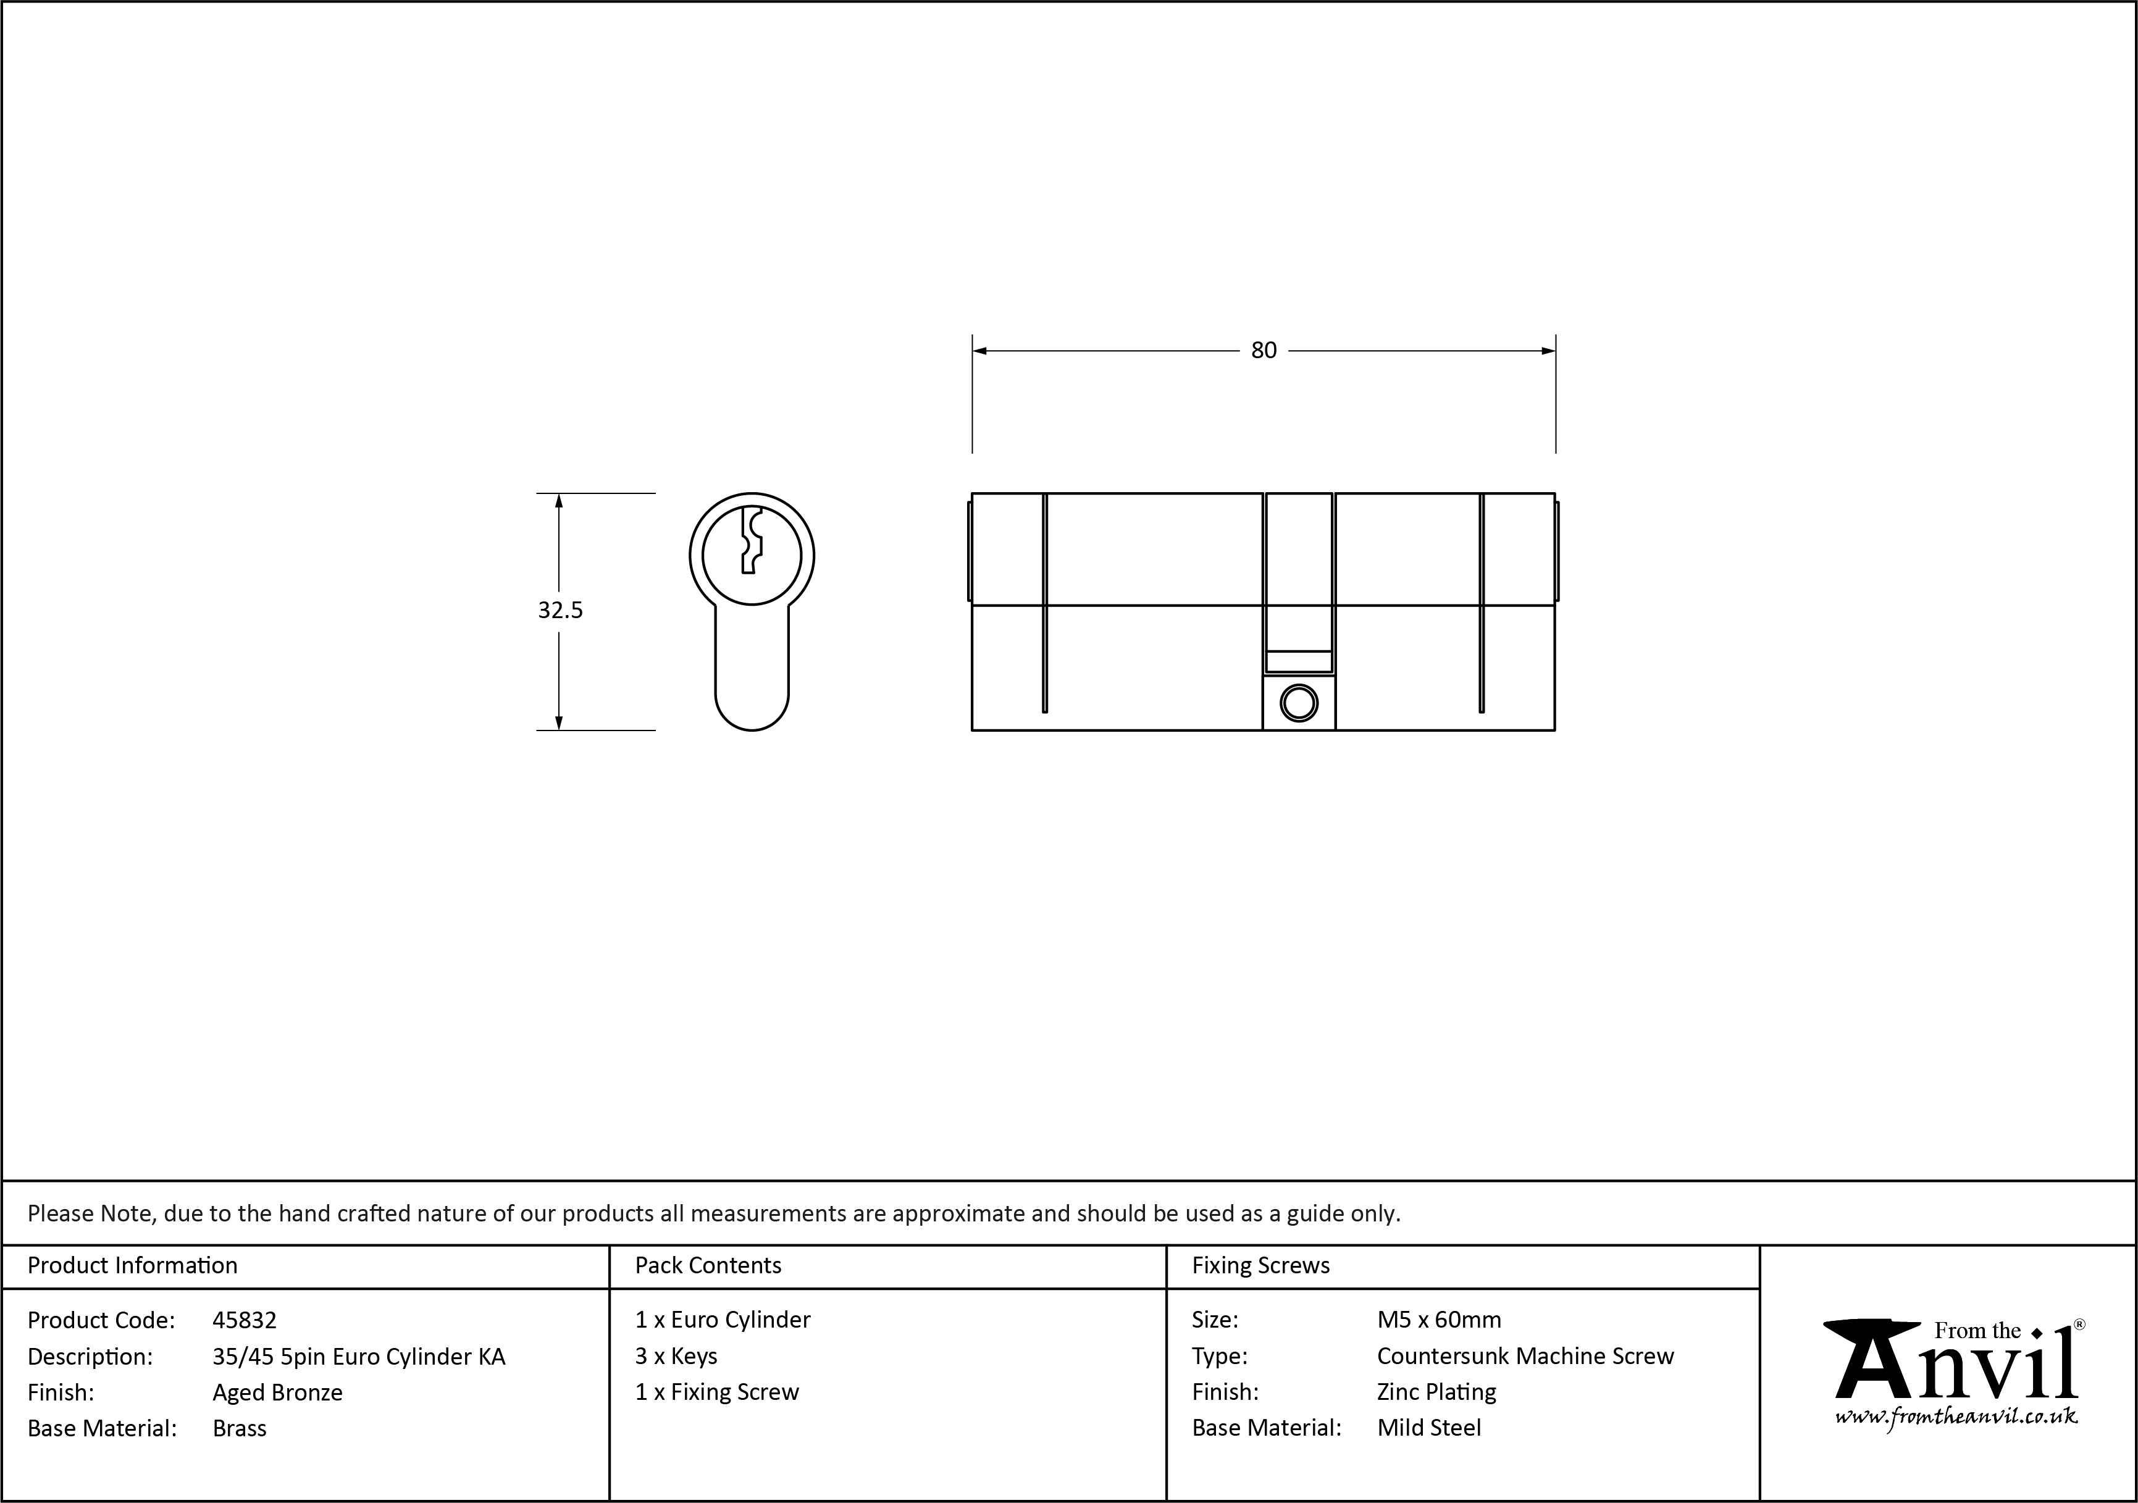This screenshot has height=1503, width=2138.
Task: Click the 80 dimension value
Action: click(1263, 351)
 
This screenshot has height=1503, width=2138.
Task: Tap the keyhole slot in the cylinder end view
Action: click(750, 541)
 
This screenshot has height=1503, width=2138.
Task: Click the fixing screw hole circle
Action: click(1298, 704)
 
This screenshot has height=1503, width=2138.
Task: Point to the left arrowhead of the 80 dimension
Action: click(979, 351)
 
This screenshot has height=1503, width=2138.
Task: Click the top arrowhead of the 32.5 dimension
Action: click(559, 501)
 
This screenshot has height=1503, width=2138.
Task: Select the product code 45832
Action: click(244, 1320)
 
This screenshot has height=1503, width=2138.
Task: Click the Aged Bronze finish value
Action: click(277, 1392)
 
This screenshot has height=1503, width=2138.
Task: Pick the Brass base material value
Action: click(240, 1428)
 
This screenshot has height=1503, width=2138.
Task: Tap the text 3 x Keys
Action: click(676, 1356)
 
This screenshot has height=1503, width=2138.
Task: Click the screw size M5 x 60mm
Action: click(1439, 1320)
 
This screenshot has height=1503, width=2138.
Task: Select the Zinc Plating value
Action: click(1436, 1392)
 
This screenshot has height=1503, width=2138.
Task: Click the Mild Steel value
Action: click(1428, 1428)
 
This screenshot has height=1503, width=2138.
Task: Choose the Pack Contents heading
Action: click(708, 1265)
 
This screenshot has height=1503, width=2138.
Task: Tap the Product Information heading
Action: click(132, 1265)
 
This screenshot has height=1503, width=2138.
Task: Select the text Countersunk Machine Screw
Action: click(1524, 1356)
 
